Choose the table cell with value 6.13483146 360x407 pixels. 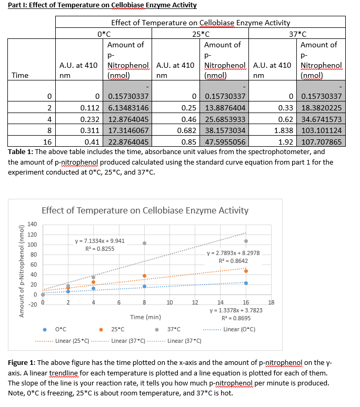coord(128,107)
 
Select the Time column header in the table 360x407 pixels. coord(20,75)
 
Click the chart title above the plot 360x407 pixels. coord(145,210)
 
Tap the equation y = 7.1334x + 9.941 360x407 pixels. coord(100,241)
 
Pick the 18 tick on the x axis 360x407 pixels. coord(271,302)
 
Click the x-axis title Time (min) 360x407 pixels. coord(146,317)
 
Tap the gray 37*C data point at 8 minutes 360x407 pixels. coord(144,243)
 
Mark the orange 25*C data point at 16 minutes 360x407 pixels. coord(246,271)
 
